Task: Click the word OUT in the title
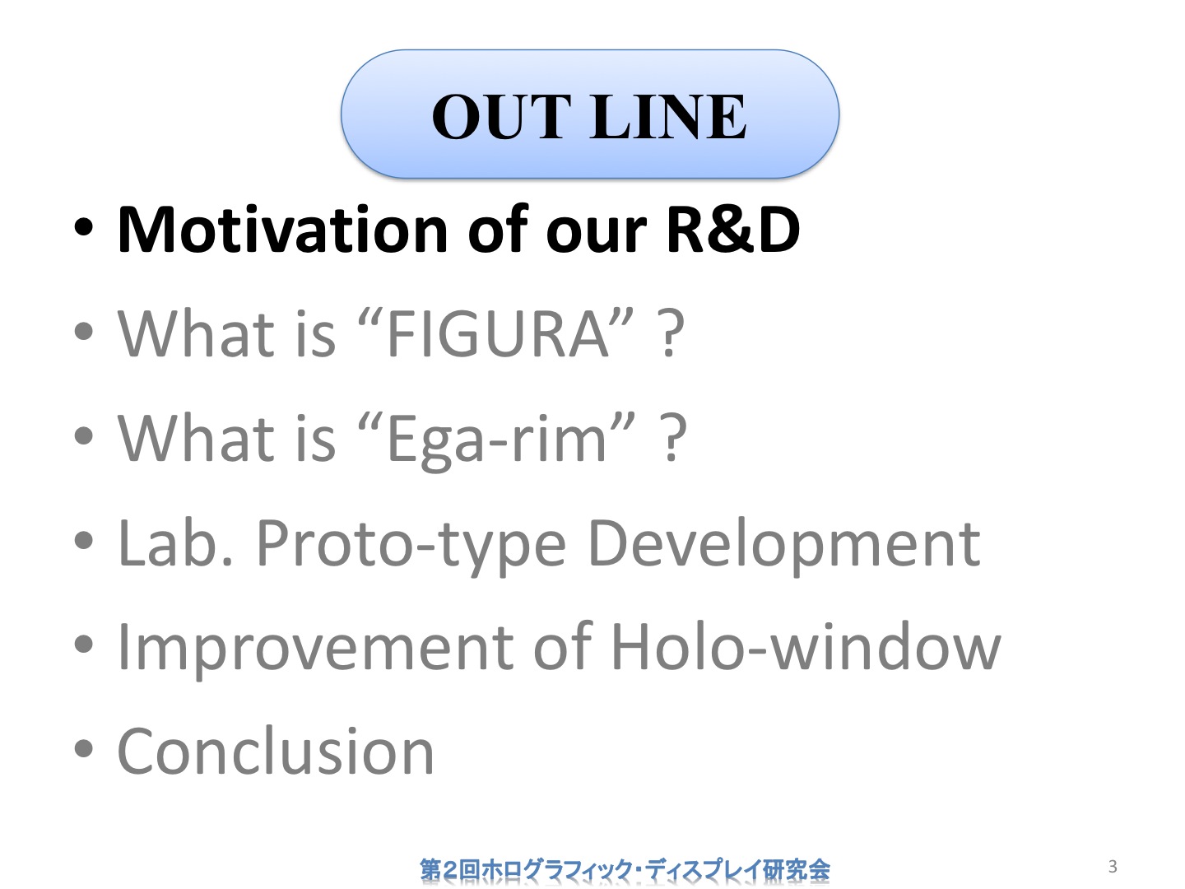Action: click(x=501, y=117)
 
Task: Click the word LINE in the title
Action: click(x=669, y=117)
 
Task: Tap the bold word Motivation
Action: click(x=282, y=229)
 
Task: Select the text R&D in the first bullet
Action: click(x=733, y=229)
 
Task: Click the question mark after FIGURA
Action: click(x=671, y=333)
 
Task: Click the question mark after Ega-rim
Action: click(x=673, y=438)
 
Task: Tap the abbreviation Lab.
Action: click(x=175, y=542)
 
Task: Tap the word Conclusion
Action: click(x=276, y=751)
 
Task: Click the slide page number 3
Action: click(x=1113, y=866)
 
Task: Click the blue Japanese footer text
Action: click(x=625, y=869)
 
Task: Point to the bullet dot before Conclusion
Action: click(x=84, y=749)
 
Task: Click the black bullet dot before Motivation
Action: click(x=84, y=228)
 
